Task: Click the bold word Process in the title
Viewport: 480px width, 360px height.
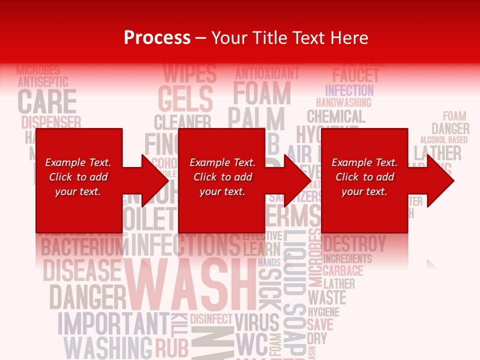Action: coord(157,38)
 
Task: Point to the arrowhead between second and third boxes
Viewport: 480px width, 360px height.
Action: coord(297,180)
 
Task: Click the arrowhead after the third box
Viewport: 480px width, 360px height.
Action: coord(440,180)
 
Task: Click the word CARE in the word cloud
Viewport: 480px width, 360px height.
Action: coord(47,101)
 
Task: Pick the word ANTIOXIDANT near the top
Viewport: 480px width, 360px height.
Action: coord(267,73)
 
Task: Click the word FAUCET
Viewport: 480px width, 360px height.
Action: coord(355,76)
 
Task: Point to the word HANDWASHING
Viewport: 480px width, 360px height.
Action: coord(343,102)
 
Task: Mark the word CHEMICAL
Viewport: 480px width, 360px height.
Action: coord(336,117)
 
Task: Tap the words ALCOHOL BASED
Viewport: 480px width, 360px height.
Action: coord(443,140)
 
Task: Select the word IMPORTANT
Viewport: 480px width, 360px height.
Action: coord(113,323)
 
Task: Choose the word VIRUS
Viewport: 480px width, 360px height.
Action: coord(256,322)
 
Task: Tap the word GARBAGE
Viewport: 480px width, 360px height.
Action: coord(342,271)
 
